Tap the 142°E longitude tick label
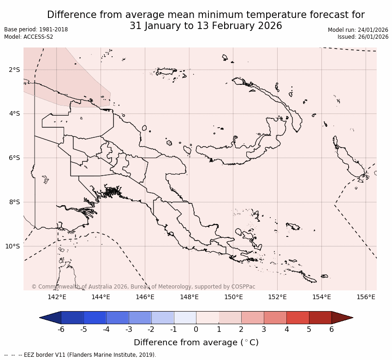pyautogui.click(x=57, y=297)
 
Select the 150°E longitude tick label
pyautogui.click(x=233, y=297)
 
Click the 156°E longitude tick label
pyautogui.click(x=366, y=297)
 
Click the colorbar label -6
pyautogui.click(x=61, y=329)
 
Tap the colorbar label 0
pyautogui.click(x=196, y=329)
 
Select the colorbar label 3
pyautogui.click(x=264, y=329)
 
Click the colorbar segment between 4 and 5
pyautogui.click(x=297, y=318)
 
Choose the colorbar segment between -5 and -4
pyautogui.click(x=95, y=318)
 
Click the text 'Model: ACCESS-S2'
pyautogui.click(x=29, y=37)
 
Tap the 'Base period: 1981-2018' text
pyautogui.click(x=36, y=30)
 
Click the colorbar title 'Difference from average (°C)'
pyautogui.click(x=196, y=342)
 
